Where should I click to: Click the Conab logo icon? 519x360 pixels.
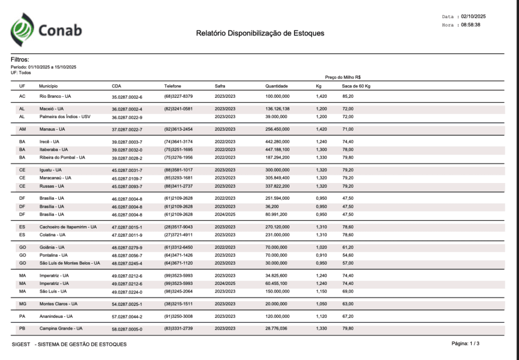point(23,29)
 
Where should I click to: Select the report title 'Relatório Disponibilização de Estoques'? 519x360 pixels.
point(260,33)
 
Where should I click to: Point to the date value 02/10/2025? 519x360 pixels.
point(473,17)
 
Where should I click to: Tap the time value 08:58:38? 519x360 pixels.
point(470,24)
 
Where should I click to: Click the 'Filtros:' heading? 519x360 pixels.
point(20,60)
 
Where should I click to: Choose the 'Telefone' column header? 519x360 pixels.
point(172,86)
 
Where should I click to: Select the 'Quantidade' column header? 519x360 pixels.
point(276,86)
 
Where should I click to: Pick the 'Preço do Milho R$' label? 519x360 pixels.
point(343,78)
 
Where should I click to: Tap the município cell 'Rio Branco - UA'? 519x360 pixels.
point(55,96)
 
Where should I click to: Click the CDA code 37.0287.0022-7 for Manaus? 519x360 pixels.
point(127,130)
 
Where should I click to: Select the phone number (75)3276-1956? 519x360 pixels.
point(178,158)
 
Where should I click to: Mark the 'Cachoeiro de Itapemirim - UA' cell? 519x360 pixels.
point(68,227)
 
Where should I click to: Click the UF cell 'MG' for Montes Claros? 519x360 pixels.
point(22,304)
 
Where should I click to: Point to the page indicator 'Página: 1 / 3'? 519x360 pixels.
point(465,344)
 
